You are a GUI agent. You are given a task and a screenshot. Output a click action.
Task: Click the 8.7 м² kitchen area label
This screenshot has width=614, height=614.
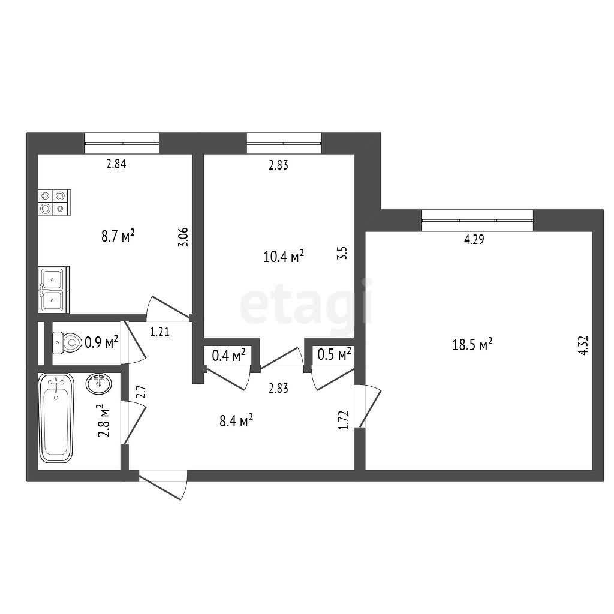(x=118, y=236)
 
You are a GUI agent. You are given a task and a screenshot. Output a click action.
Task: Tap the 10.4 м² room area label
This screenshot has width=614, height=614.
(x=284, y=257)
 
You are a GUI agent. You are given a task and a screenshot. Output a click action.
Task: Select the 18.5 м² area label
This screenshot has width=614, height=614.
(x=472, y=345)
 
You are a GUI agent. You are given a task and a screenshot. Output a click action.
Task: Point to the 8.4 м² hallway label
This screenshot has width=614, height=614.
(x=236, y=420)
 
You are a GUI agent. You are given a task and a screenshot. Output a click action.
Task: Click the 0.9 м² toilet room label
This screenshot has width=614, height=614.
(x=101, y=342)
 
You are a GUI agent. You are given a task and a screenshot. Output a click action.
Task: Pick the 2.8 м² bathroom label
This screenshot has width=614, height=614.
(x=103, y=420)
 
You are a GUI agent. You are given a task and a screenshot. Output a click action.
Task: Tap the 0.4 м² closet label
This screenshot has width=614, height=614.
(x=228, y=355)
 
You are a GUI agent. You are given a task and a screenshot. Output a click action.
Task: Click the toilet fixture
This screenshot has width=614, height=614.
(x=66, y=342)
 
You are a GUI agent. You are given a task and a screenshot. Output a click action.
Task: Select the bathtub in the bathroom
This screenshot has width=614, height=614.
(x=56, y=417)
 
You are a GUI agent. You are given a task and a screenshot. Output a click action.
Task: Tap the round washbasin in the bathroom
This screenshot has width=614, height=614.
(x=99, y=383)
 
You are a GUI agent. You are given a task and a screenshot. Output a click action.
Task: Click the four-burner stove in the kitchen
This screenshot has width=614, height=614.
(x=55, y=202)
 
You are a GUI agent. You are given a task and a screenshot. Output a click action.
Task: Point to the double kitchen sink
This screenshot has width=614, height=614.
(x=53, y=290)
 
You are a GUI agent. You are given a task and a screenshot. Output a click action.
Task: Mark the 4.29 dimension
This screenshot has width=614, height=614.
(x=474, y=239)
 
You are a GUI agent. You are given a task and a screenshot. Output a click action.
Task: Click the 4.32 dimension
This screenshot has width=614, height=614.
(x=583, y=345)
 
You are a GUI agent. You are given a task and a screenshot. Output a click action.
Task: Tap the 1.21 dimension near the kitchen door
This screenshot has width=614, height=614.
(x=159, y=332)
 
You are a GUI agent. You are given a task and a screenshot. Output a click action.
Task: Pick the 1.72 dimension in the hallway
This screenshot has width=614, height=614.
(x=344, y=420)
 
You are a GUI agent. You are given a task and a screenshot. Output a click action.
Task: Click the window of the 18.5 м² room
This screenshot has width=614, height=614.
(x=477, y=221)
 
